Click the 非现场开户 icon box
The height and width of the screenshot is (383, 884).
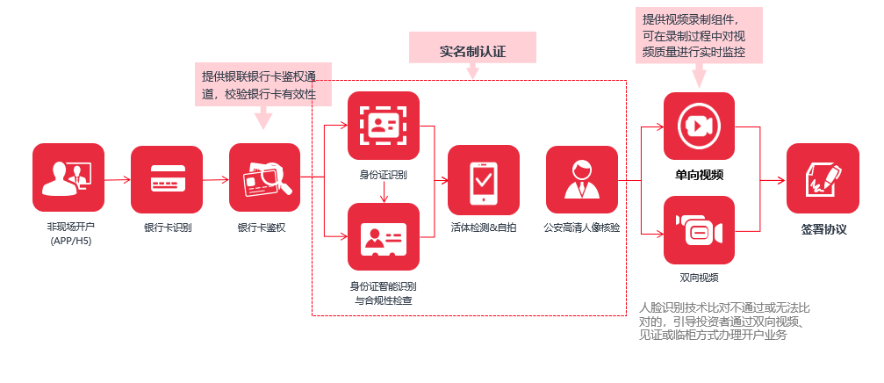(x=68, y=180)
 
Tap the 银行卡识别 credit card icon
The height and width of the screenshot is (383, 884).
(x=167, y=180)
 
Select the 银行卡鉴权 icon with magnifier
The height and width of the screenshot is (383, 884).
(x=265, y=180)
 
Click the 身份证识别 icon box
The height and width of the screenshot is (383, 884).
(x=384, y=126)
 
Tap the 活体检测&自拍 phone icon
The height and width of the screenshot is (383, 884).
(x=484, y=180)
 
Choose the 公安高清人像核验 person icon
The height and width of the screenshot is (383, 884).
(x=582, y=180)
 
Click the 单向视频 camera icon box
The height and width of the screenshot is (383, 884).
(x=699, y=126)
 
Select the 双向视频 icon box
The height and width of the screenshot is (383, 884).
(x=699, y=231)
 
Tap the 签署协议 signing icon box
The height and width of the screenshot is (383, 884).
(x=823, y=179)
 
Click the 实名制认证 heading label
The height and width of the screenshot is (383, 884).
(x=473, y=49)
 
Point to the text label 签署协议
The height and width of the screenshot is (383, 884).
(x=823, y=230)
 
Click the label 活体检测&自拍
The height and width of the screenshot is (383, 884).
(x=484, y=228)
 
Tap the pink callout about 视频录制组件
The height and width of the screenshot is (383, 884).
(x=699, y=36)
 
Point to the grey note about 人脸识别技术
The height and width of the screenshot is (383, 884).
(x=725, y=322)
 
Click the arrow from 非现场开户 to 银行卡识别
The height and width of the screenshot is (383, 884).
(x=118, y=180)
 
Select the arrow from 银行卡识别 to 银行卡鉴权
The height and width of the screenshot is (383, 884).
(x=216, y=180)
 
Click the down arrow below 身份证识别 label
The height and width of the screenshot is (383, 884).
(x=384, y=191)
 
